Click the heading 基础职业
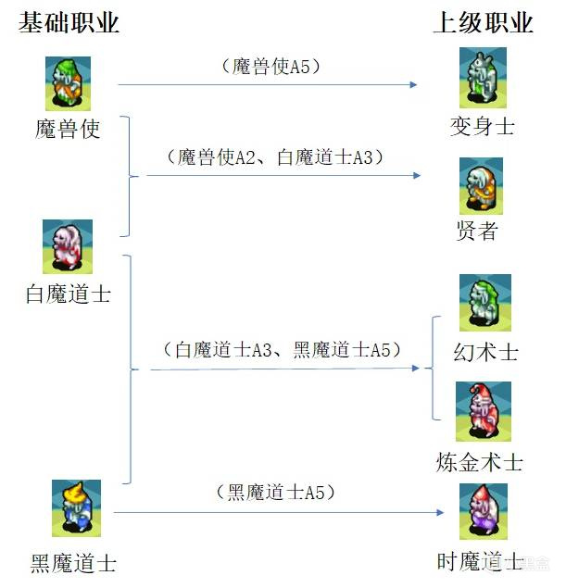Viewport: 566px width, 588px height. [69, 22]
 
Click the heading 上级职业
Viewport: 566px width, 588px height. [484, 22]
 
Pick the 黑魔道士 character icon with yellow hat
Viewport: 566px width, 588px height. [77, 508]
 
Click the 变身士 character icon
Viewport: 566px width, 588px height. [482, 77]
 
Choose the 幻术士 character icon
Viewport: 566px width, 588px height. [485, 303]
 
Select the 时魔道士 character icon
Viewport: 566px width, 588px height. [483, 511]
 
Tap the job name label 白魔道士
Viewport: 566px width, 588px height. [69, 294]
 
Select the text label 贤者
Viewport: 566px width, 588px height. [478, 231]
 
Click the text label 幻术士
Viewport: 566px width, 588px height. [486, 353]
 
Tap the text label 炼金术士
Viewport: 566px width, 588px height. [479, 461]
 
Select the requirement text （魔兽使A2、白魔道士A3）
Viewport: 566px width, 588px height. [276, 157]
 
